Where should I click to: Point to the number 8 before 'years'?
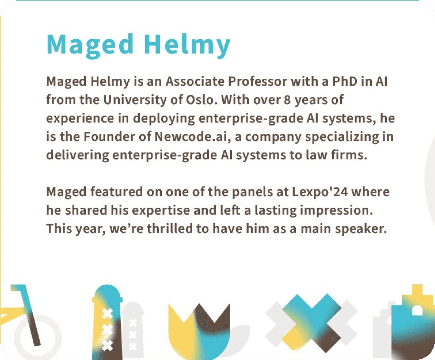[x=287, y=100]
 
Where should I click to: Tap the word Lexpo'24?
[x=320, y=192]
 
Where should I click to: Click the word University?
[x=135, y=100]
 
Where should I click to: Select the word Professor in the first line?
[x=257, y=81]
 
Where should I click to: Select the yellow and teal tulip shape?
[x=199, y=331]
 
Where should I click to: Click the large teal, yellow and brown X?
[x=312, y=323]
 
